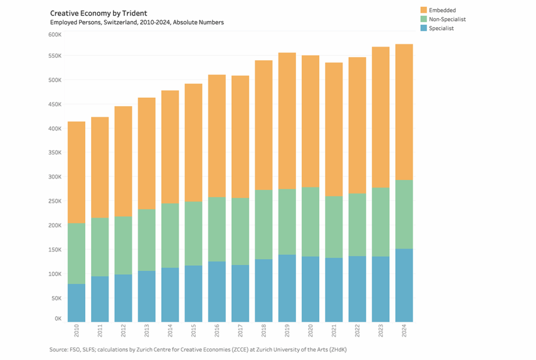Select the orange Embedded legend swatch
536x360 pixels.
424,10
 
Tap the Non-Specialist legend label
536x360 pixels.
447,19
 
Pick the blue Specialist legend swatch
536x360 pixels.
424,28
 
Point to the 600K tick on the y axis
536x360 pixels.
55,35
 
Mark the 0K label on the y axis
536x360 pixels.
58,318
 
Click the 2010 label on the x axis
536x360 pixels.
76,331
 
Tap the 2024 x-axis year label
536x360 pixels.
404,331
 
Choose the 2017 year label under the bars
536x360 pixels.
240,331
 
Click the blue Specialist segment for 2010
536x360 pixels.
76,302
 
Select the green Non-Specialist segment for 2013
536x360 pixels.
147,240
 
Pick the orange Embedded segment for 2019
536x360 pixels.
287,120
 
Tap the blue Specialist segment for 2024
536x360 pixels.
404,285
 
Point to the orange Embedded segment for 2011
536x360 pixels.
100,167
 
